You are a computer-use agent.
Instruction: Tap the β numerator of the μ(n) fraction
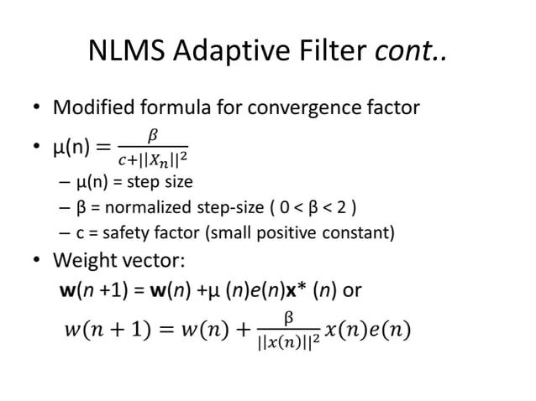point(152,133)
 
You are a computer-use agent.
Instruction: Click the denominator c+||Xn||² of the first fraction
point(152,159)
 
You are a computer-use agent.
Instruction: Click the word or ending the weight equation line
point(353,290)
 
